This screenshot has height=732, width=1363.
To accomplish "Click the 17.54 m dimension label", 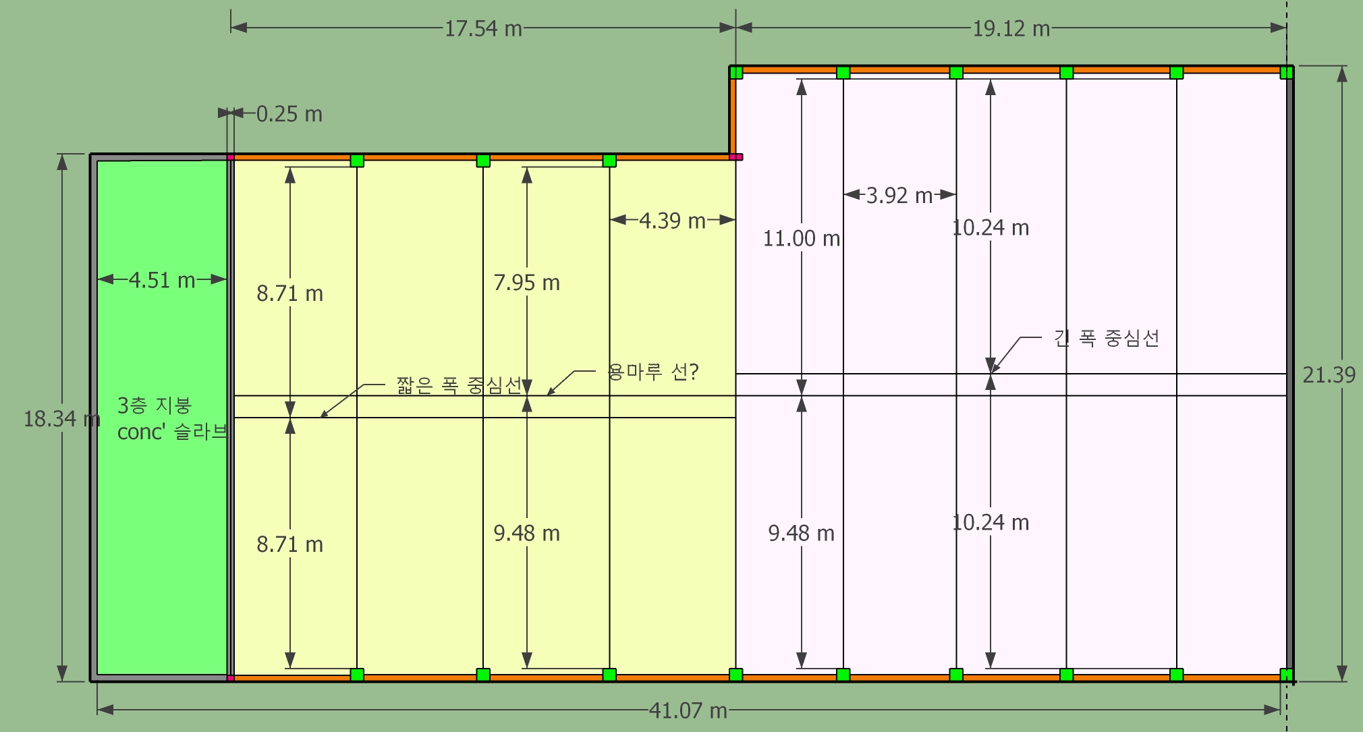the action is (483, 28).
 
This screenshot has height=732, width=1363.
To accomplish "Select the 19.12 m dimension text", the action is (1011, 28).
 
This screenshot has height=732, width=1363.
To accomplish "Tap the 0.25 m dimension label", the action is (289, 114).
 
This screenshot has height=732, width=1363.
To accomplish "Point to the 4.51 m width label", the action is (162, 280).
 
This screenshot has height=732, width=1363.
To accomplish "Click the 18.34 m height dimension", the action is (61, 419).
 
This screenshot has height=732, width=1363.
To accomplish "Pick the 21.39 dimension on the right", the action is (1329, 375).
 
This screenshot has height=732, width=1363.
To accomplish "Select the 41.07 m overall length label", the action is (688, 710).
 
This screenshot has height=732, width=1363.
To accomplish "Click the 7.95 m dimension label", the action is (527, 283).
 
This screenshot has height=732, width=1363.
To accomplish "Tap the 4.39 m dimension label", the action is (672, 221).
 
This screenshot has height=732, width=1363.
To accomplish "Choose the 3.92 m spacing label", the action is (899, 196).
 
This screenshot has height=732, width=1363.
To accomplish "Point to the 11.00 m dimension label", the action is (802, 238).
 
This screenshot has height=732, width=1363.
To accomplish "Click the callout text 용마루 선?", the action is (653, 371).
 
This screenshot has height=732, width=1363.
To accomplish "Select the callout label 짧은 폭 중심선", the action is (459, 385).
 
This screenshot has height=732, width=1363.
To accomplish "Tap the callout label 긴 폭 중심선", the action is (1107, 338).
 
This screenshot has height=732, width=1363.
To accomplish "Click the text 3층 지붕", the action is (155, 405).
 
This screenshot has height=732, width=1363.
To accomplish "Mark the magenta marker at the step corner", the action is (736, 157).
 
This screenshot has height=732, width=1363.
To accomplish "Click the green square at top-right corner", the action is (1286, 72).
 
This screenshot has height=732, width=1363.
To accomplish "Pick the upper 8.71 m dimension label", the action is (290, 293).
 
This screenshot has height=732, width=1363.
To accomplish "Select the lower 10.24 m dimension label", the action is (991, 522).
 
